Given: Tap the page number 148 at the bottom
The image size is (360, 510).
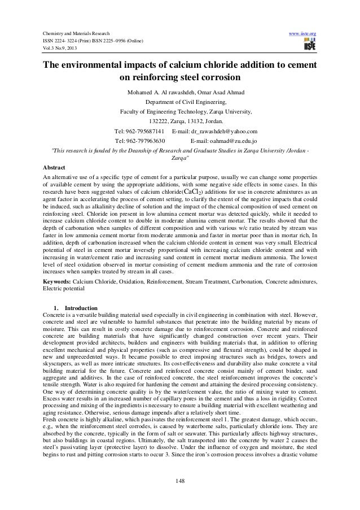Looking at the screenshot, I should (180, 481).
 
